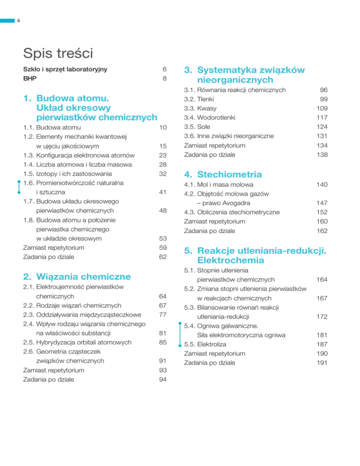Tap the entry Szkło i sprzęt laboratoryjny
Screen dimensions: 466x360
point(65,69)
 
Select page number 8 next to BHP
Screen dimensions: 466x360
point(165,79)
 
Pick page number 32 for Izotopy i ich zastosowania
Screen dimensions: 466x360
point(163,174)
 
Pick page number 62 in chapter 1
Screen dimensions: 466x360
point(163,257)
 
